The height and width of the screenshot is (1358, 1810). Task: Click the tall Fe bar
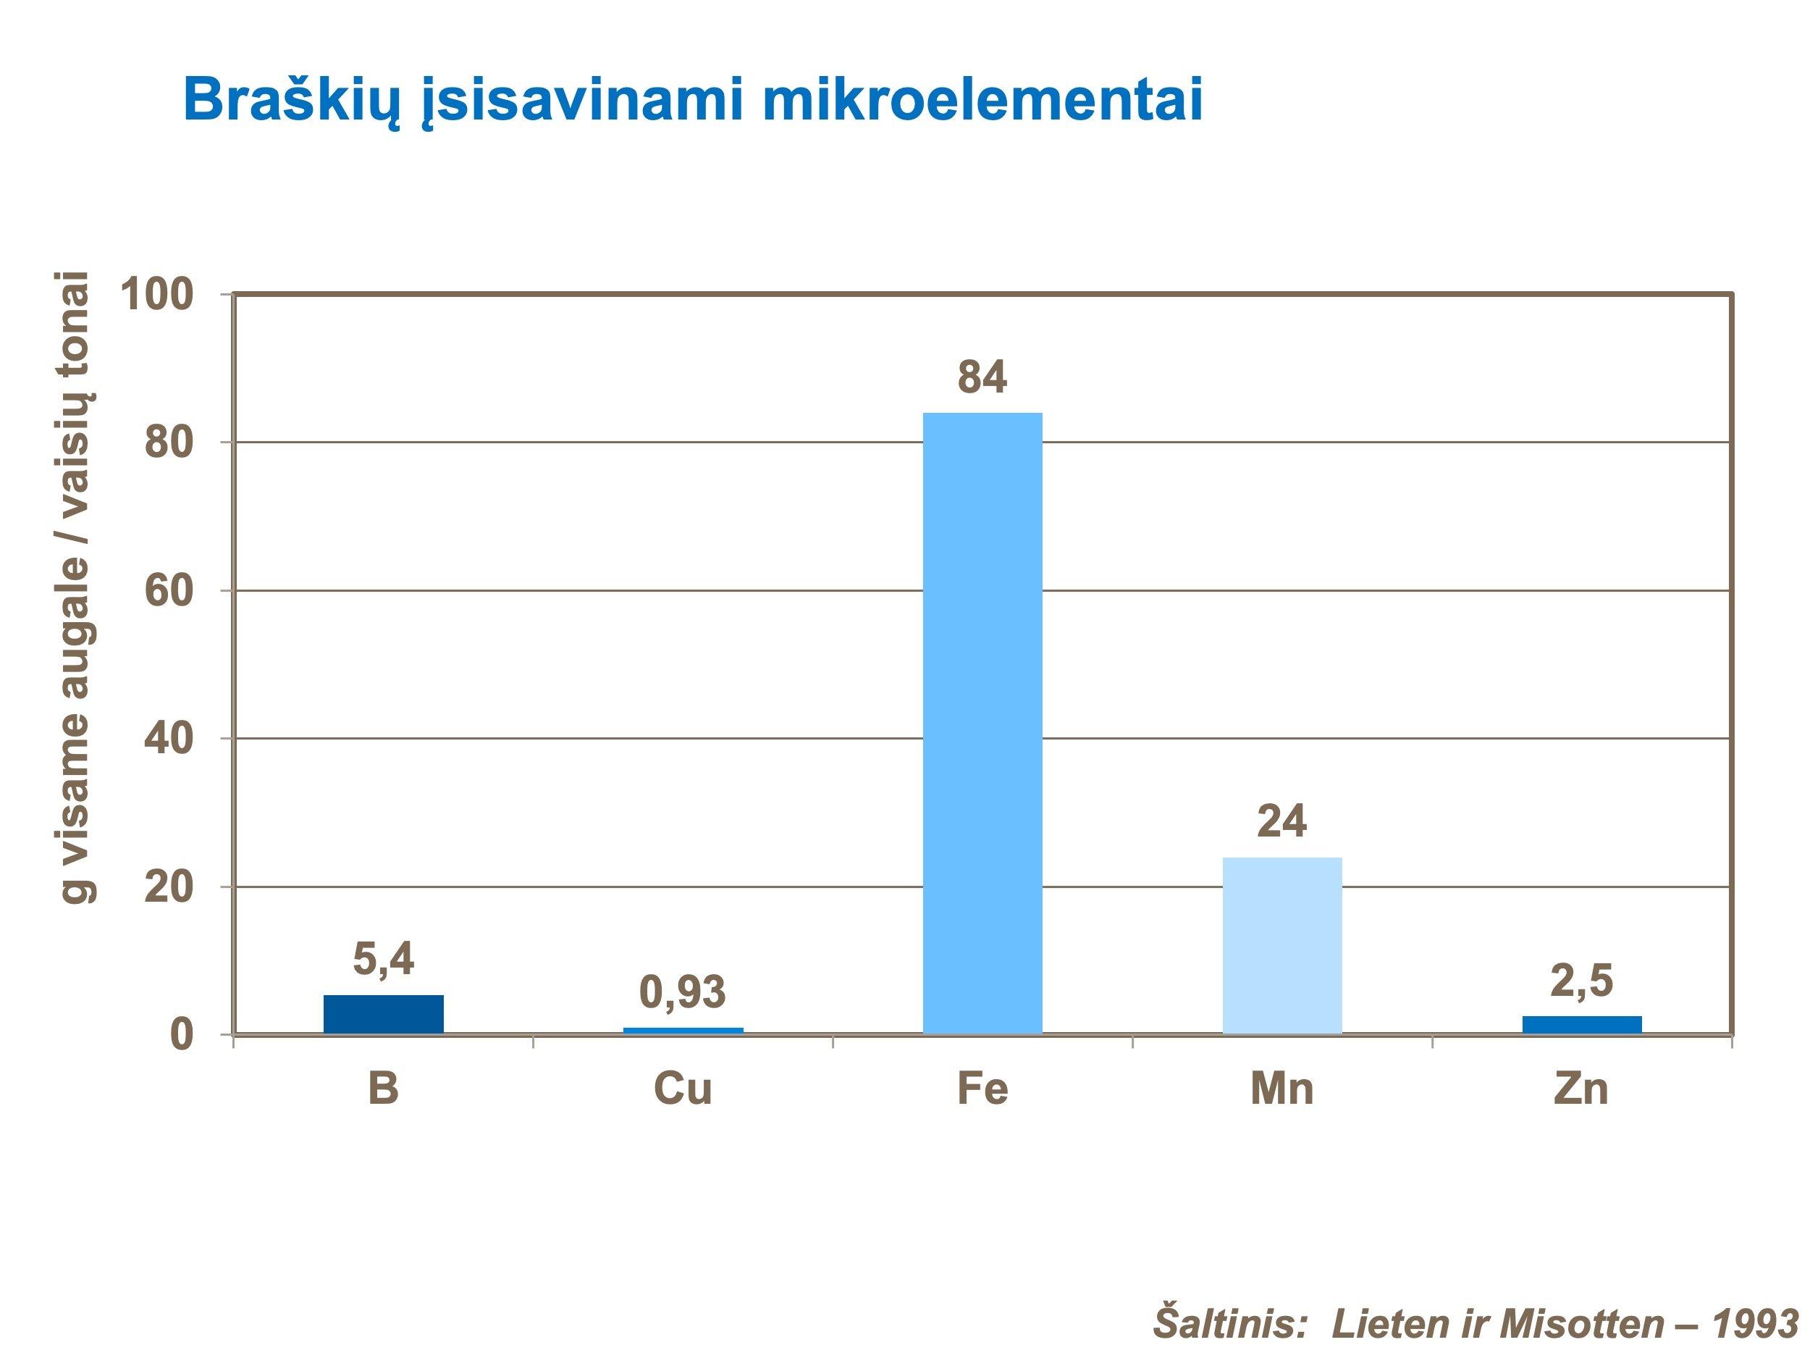tap(982, 723)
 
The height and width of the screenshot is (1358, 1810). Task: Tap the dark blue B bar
tap(383, 1014)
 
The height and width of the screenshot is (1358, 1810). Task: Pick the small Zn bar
tap(1582, 1025)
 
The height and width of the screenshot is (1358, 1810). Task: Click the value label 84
tap(982, 377)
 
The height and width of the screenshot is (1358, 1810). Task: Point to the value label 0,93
tap(683, 992)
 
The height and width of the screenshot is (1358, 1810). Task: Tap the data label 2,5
tap(1582, 981)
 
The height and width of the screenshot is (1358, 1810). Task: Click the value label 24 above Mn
tap(1281, 821)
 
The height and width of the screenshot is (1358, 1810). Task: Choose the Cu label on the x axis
tap(683, 1089)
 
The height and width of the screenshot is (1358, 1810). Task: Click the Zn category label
tap(1581, 1089)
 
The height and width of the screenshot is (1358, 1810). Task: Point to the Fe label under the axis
tap(982, 1089)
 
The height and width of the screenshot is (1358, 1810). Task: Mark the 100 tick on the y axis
tap(157, 295)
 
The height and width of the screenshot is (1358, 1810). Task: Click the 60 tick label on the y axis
tap(169, 591)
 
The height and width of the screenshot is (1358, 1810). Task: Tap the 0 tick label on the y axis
tap(181, 1036)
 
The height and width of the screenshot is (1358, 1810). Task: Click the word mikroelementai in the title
tap(982, 100)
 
